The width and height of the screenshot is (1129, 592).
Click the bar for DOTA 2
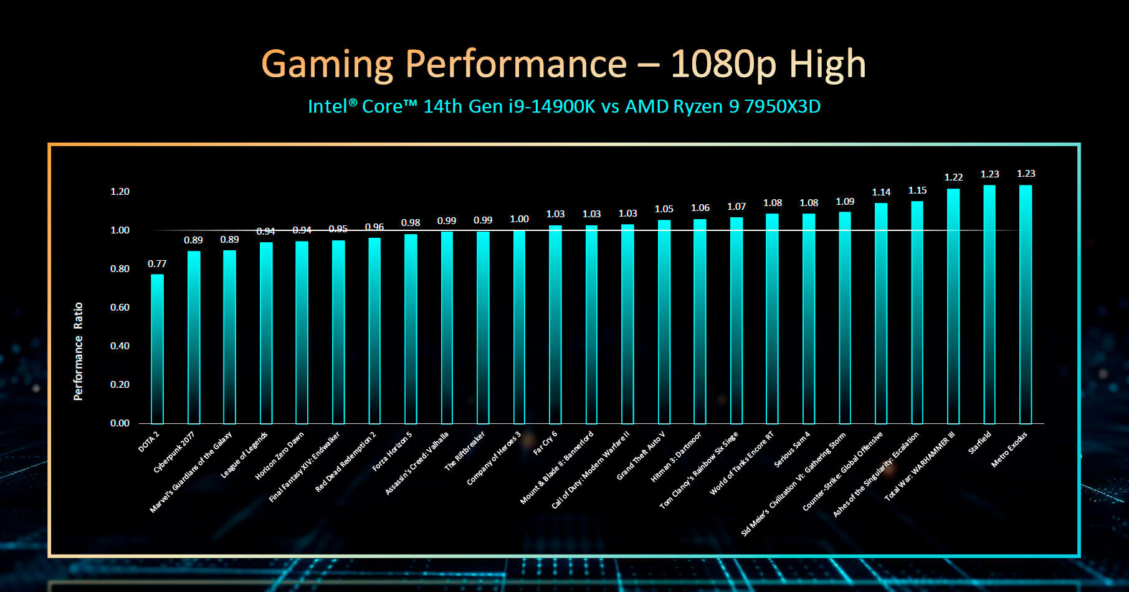click(x=157, y=349)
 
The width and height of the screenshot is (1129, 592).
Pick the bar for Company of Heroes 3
click(x=519, y=327)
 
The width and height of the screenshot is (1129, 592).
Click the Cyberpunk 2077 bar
click(x=194, y=337)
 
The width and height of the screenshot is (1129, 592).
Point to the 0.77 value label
click(x=157, y=264)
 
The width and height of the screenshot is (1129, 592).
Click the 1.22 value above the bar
click(x=953, y=177)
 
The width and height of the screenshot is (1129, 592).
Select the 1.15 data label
click(x=917, y=190)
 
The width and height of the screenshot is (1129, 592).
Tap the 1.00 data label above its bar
click(x=519, y=219)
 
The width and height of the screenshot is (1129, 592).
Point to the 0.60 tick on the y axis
click(x=120, y=308)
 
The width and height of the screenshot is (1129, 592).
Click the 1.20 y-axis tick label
click(x=120, y=192)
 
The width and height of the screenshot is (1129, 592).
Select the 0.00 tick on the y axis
click(x=120, y=423)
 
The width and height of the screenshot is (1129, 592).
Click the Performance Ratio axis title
click(x=78, y=351)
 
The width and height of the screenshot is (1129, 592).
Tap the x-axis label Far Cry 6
click(x=545, y=443)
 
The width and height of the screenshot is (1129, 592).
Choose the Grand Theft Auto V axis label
click(x=641, y=456)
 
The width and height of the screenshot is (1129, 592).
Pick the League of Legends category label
click(x=244, y=455)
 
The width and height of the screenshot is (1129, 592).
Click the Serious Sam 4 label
click(x=792, y=449)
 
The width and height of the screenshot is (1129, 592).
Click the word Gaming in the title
click(x=327, y=64)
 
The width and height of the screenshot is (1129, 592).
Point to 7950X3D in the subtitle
click(x=782, y=106)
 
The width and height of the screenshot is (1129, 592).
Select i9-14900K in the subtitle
click(x=552, y=106)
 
